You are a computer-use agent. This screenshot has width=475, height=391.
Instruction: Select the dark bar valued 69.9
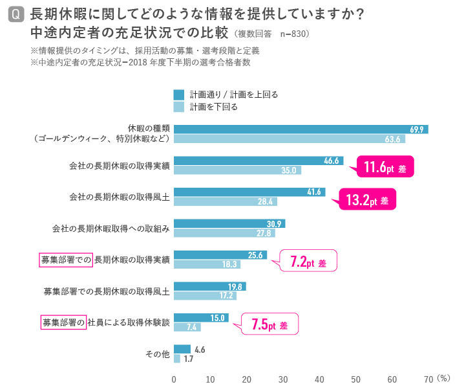pyautogui.click(x=301, y=129)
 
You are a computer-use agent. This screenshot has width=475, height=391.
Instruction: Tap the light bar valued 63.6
pyautogui.click(x=289, y=139)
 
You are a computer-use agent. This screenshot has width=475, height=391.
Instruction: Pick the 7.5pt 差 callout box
pyautogui.click(x=269, y=325)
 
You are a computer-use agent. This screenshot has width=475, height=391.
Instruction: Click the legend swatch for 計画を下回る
pyautogui.click(x=178, y=107)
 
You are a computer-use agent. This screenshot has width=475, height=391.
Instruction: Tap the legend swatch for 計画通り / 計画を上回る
pyautogui.click(x=178, y=95)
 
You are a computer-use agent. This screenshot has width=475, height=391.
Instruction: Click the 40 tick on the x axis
pyautogui.click(x=320, y=377)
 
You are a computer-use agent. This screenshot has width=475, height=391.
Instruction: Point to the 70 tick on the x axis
pyautogui.click(x=428, y=377)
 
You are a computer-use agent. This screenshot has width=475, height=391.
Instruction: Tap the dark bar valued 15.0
pyautogui.click(x=201, y=317)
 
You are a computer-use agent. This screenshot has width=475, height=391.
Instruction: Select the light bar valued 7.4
pyautogui.click(x=187, y=327)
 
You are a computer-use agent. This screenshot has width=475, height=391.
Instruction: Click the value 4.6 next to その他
pyautogui.click(x=200, y=350)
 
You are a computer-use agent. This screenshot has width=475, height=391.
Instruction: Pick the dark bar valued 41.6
pyautogui.click(x=249, y=192)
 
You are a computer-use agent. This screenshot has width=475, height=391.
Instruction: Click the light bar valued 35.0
pyautogui.click(x=237, y=170)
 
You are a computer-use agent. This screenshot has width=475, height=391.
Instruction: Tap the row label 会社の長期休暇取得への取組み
pyautogui.click(x=111, y=229)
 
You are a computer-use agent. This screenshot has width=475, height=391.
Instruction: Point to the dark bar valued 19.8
pyautogui.click(x=210, y=286)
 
